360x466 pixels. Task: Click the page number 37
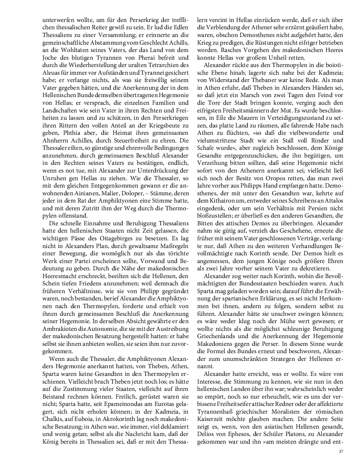tap(341, 451)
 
